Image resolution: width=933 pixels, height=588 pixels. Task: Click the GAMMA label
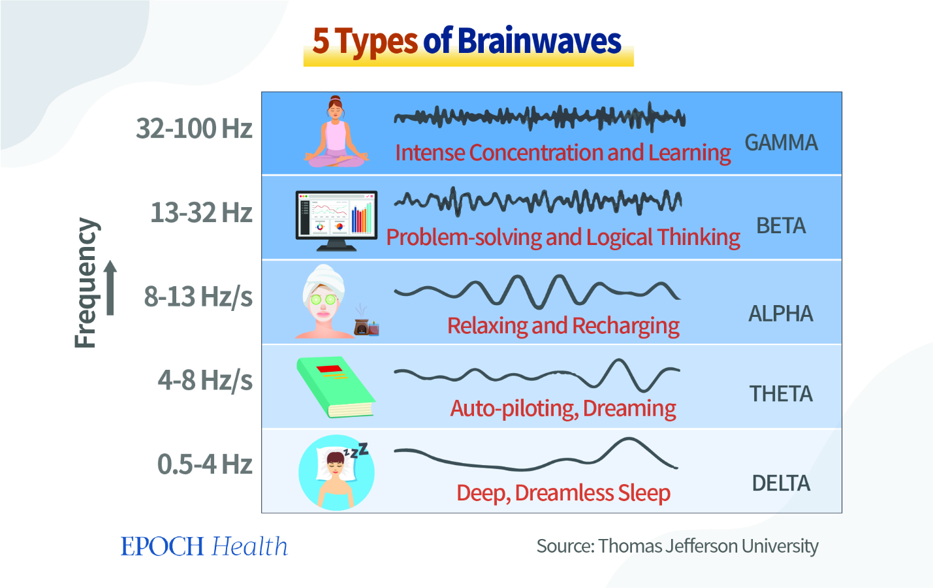tap(781, 142)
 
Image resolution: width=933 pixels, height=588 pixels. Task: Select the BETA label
tap(781, 226)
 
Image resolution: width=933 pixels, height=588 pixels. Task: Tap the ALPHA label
tap(781, 314)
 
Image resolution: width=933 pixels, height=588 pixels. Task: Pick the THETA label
tap(781, 394)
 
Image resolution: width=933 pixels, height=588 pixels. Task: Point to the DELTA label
tap(781, 483)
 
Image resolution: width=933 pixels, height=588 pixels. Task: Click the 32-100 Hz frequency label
tap(194, 128)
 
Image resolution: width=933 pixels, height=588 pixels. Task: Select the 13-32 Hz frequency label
tap(202, 212)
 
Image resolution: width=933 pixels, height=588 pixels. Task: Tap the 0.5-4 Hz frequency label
tap(205, 464)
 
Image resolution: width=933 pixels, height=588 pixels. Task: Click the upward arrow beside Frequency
tap(110, 288)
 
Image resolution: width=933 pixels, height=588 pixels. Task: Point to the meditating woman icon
tap(336, 132)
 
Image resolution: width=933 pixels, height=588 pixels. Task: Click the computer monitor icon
tap(336, 221)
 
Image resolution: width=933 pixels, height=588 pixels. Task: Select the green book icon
tap(336, 387)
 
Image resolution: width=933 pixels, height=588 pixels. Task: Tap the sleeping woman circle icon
tap(336, 472)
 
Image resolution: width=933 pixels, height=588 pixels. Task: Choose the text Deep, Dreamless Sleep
tap(563, 493)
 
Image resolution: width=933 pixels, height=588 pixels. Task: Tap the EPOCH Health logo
tap(204, 546)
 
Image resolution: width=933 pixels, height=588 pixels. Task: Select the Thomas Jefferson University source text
tap(708, 546)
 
